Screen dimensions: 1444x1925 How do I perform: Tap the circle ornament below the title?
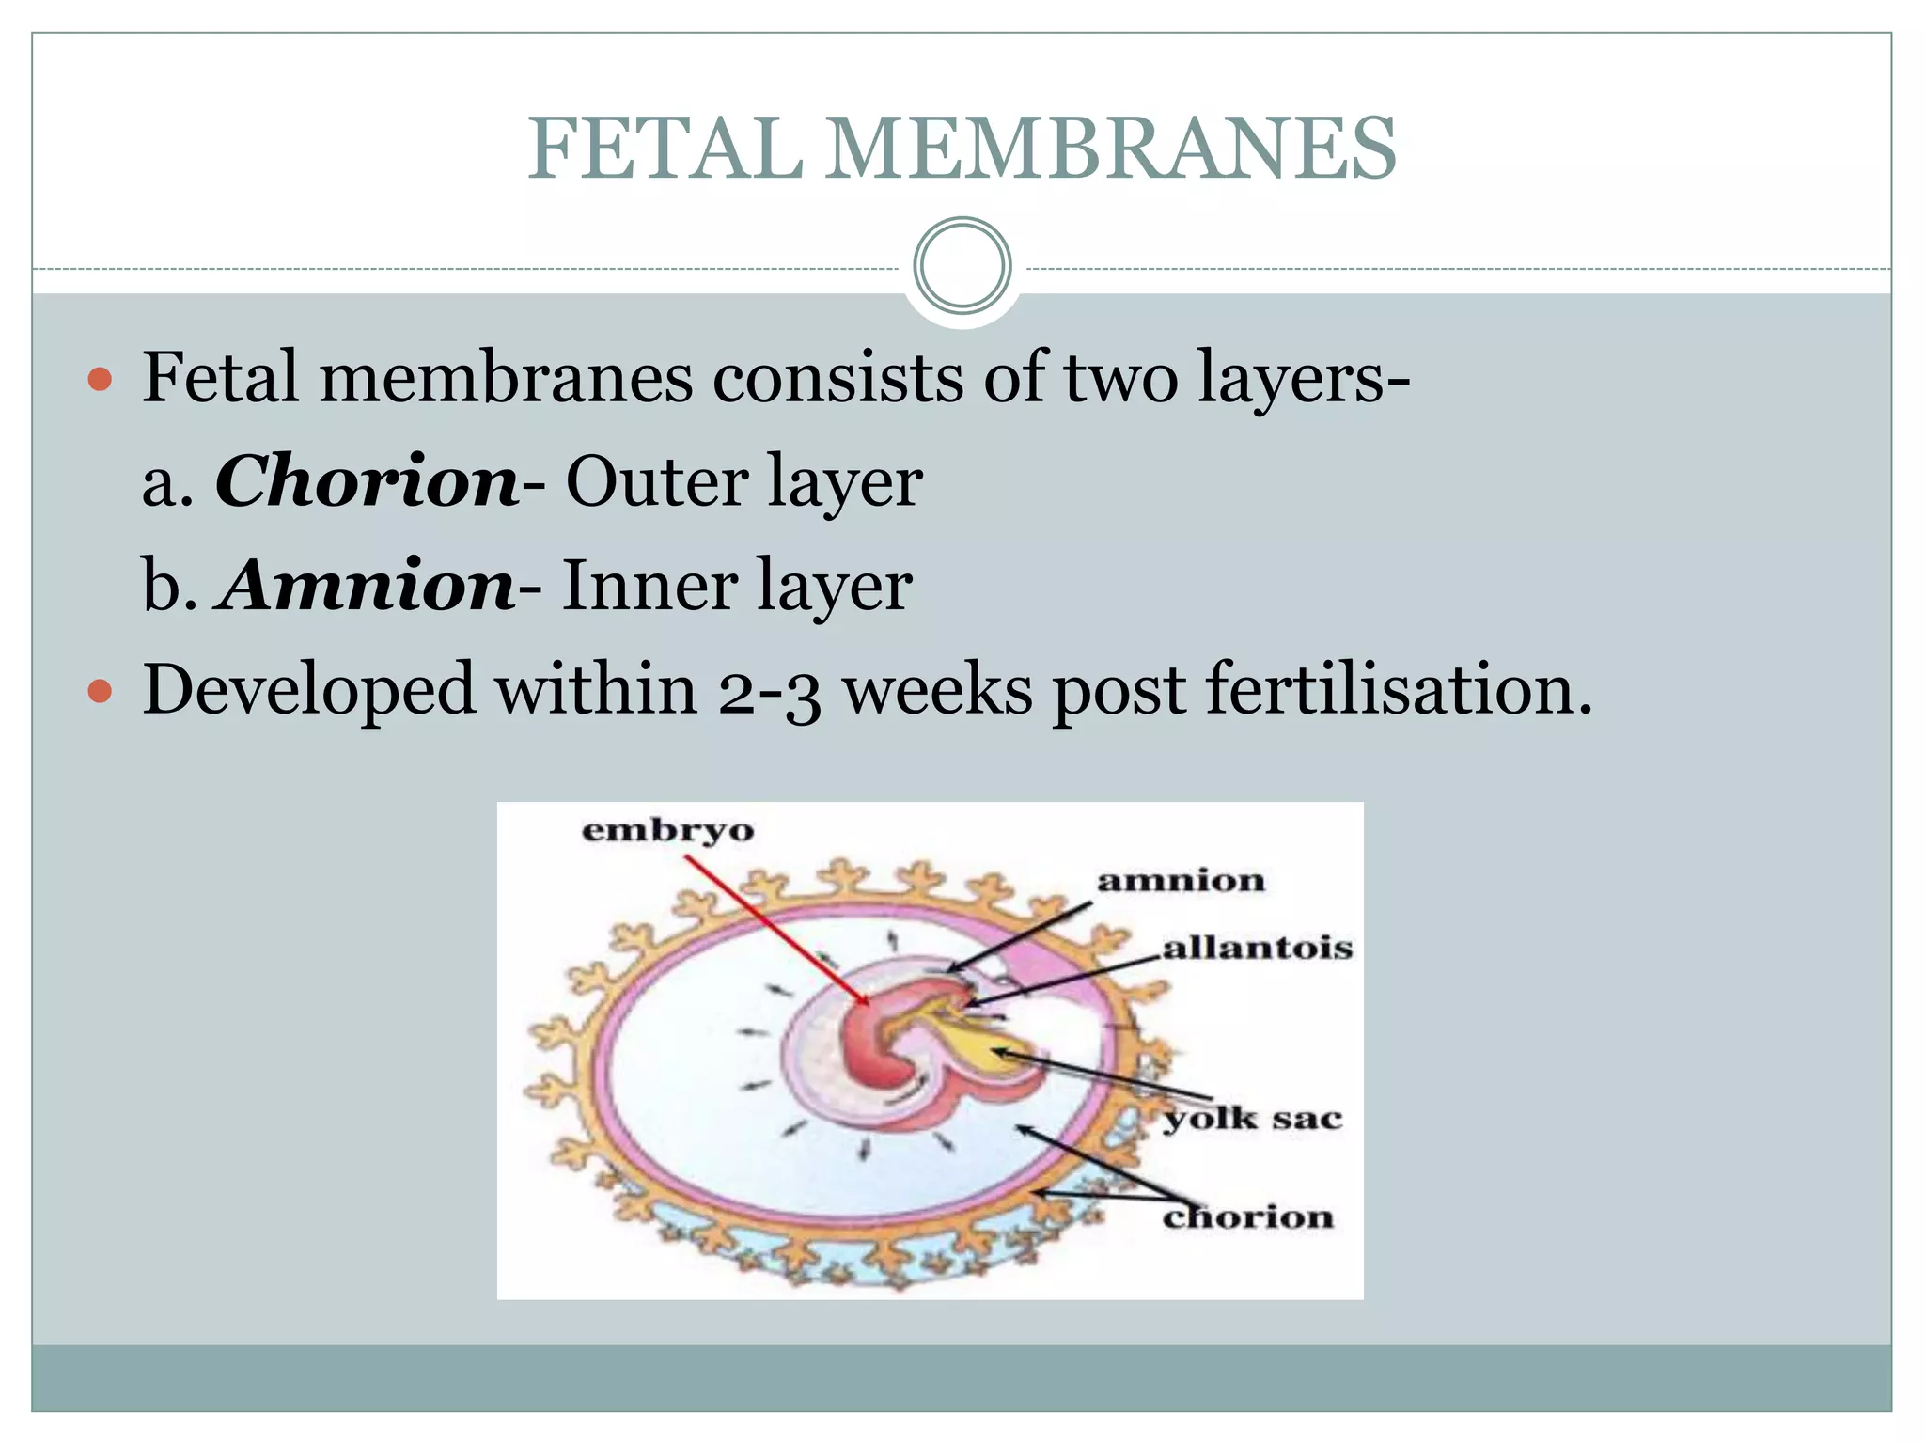(x=962, y=266)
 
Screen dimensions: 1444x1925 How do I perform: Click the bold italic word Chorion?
(x=367, y=481)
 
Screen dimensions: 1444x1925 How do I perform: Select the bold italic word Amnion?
(x=368, y=586)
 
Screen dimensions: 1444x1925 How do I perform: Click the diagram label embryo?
(x=667, y=831)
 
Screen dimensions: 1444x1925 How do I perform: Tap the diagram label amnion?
(x=1181, y=882)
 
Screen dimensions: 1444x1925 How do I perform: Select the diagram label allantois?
(x=1257, y=948)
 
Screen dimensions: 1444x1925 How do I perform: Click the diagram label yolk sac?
(x=1252, y=1120)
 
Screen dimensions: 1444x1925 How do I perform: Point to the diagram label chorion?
(x=1247, y=1218)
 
